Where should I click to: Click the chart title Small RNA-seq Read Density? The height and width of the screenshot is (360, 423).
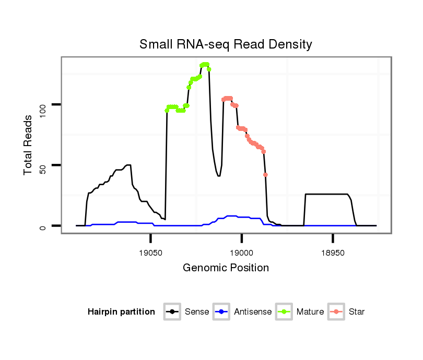pos(226,44)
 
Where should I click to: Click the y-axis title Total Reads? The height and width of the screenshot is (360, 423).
pos(28,145)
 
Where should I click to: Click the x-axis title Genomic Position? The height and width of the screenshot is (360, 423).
pos(226,268)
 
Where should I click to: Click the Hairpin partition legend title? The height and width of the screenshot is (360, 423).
pos(121,312)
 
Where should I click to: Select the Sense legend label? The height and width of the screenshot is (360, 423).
pos(197,312)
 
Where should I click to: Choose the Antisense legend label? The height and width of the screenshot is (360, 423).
pos(253,312)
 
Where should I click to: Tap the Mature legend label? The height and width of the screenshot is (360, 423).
pos(310,312)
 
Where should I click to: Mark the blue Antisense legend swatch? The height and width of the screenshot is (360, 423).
pos(221,312)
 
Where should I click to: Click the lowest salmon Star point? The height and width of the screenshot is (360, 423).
pos(265,175)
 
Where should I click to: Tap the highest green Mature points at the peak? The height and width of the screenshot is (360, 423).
pos(204,65)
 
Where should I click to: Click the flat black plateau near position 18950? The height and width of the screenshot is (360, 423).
pos(326,194)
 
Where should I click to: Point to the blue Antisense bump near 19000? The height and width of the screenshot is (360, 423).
pos(230,216)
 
